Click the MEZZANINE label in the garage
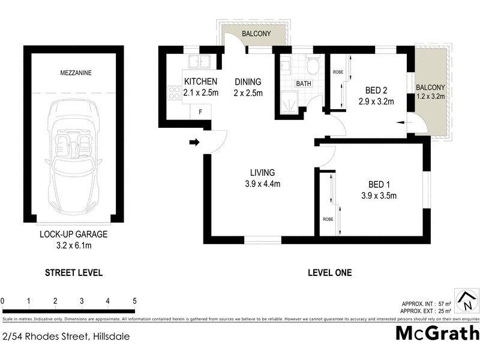tap(74, 73)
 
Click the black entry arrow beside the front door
tap(194, 142)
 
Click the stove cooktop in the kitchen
tap(174, 92)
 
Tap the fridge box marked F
tap(200, 111)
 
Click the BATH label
tap(303, 83)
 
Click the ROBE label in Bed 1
tap(328, 219)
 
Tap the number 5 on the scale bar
tap(134, 301)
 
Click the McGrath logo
tap(437, 334)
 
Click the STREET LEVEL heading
tap(74, 272)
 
